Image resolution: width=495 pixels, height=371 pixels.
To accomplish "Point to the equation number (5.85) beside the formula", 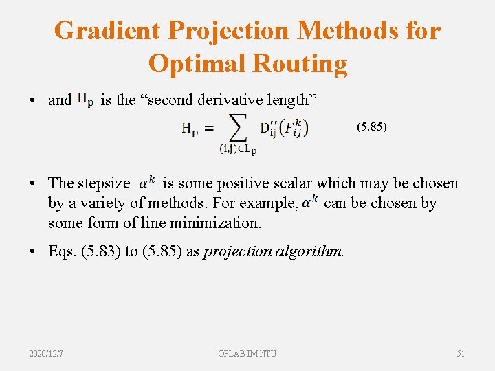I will pyautogui.click(x=371, y=127).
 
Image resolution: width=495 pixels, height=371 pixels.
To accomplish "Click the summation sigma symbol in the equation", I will pyautogui.click(x=238, y=128).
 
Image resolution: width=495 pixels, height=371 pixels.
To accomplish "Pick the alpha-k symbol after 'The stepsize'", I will pyautogui.click(x=146, y=183).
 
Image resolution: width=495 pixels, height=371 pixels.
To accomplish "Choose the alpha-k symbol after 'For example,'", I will pyautogui.click(x=310, y=202).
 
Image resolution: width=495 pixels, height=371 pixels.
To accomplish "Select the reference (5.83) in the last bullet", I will pyautogui.click(x=101, y=251).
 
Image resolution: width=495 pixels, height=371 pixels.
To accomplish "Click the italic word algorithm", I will pyautogui.click(x=310, y=251).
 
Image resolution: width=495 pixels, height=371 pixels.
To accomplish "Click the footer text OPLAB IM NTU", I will pyautogui.click(x=247, y=353).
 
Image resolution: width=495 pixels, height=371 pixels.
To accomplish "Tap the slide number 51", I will pyautogui.click(x=461, y=353).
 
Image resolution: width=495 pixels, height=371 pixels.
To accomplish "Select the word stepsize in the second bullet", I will pyautogui.click(x=103, y=183).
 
